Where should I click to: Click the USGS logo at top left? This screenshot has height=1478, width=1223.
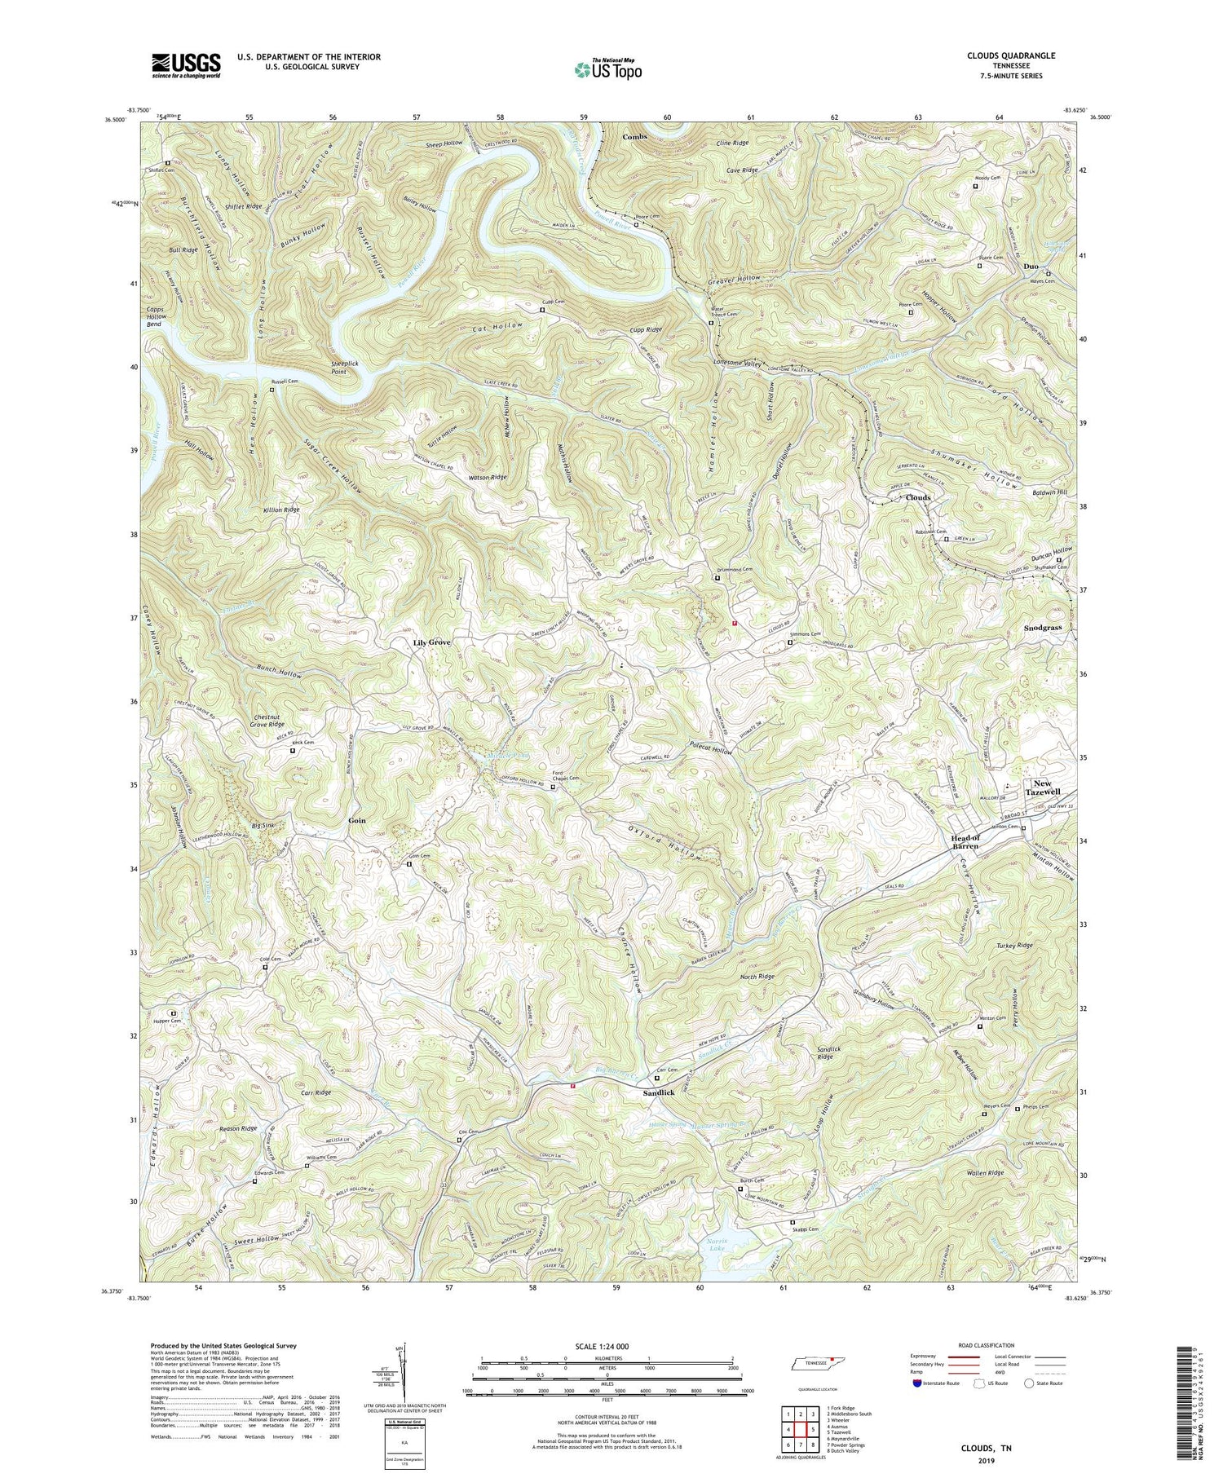(x=185, y=64)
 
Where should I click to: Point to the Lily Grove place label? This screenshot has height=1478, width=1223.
(x=431, y=642)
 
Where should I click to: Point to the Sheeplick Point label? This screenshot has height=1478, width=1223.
(x=326, y=367)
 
